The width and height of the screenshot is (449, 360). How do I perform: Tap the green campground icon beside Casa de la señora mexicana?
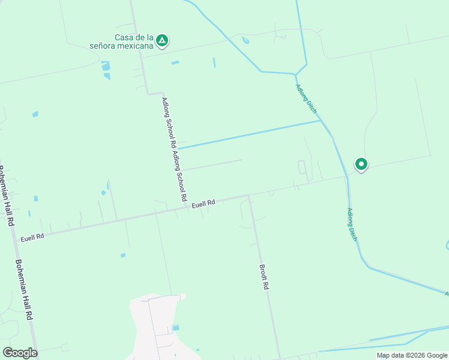pyautogui.click(x=161, y=41)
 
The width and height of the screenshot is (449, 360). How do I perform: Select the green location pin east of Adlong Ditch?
pyautogui.click(x=361, y=164)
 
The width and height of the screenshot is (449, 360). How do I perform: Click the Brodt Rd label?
pyautogui.click(x=264, y=278)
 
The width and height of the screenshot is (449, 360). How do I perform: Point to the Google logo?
pyautogui.click(x=20, y=353)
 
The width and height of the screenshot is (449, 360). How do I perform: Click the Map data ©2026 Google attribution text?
pyautogui.click(x=411, y=355)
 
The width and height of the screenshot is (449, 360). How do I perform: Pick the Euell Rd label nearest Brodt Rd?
pyautogui.click(x=203, y=205)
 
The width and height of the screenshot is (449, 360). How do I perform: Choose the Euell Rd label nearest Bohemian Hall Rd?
pyautogui.click(x=32, y=238)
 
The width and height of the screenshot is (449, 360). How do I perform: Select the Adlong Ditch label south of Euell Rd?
pyautogui.click(x=352, y=225)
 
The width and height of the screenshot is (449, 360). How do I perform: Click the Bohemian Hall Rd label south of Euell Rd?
pyautogui.click(x=23, y=290)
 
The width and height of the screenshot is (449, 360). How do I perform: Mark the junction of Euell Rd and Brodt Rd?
pyautogui.click(x=249, y=195)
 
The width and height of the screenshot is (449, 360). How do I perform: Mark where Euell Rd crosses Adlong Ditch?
pyautogui.click(x=347, y=177)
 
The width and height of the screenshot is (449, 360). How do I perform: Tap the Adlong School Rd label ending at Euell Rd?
pyautogui.click(x=179, y=176)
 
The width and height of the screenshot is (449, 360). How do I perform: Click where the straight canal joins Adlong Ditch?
pyautogui.click(x=320, y=121)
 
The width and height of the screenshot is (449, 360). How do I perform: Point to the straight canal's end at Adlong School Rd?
pyautogui.click(x=177, y=148)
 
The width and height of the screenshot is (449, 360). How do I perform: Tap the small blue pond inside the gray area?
pyautogui.click(x=175, y=328)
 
